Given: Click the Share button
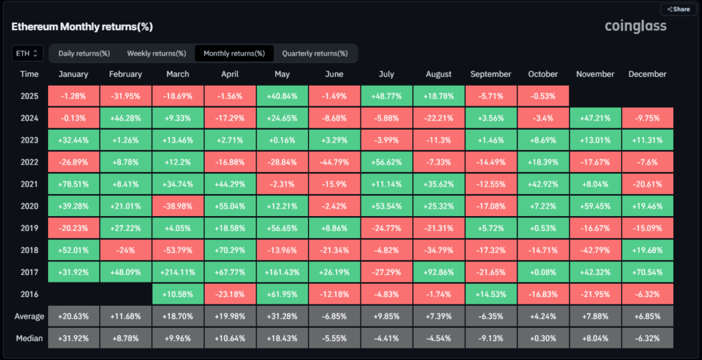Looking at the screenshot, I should pyautogui.click(x=678, y=10).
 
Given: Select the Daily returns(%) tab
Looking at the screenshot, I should pyautogui.click(x=84, y=53).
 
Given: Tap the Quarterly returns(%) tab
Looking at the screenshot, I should pyautogui.click(x=315, y=53).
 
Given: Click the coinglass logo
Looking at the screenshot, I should pyautogui.click(x=635, y=26).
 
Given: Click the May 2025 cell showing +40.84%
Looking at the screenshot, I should pyautogui.click(x=282, y=97).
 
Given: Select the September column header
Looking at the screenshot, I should pyautogui.click(x=491, y=74).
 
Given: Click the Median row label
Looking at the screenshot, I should pyautogui.click(x=29, y=338).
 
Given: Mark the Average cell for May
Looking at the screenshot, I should pyautogui.click(x=282, y=317).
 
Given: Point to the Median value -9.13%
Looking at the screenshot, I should pyautogui.click(x=491, y=338).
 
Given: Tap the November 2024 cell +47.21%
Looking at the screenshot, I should pyautogui.click(x=595, y=117).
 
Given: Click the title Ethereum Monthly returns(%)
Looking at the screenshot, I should pyautogui.click(x=82, y=27).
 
